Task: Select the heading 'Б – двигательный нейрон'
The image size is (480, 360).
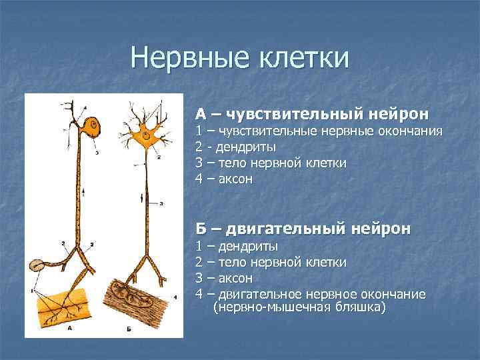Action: click(303, 229)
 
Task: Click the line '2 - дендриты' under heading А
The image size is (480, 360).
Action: click(235, 147)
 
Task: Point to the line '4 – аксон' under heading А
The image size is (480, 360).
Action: click(223, 179)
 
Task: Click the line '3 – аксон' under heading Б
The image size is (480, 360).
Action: click(224, 278)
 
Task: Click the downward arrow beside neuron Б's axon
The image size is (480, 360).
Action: click(141, 198)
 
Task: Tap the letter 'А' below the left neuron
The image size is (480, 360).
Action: click(71, 329)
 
